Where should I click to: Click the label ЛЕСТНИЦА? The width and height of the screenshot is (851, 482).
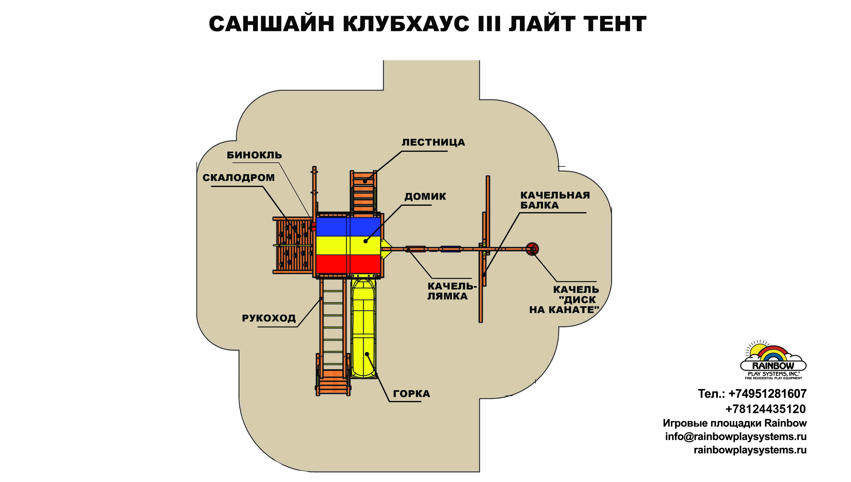(433, 142)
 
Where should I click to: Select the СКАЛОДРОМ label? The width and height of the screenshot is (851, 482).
(238, 178)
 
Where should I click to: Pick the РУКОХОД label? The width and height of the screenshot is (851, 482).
(268, 318)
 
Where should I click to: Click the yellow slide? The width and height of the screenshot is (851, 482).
(363, 328)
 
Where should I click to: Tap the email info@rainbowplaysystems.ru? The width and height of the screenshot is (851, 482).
(736, 437)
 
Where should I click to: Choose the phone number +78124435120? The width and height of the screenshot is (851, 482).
(765, 409)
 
